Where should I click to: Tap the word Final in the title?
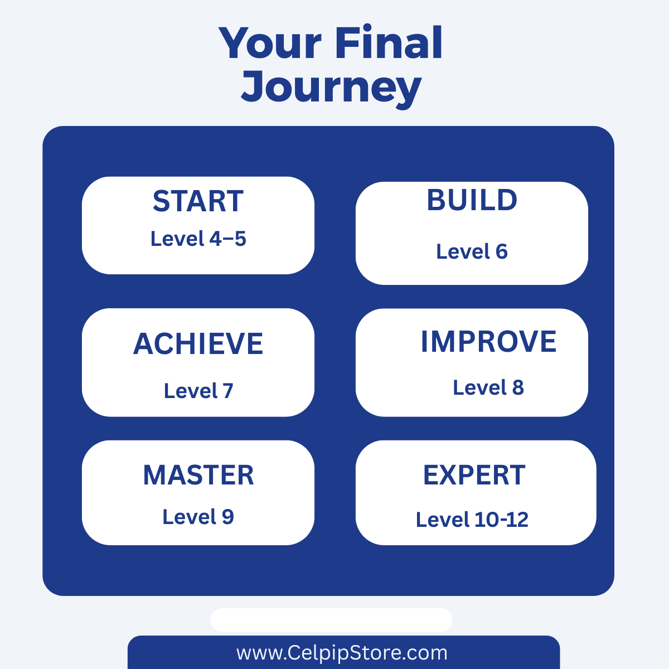point(389,42)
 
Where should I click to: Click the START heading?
point(198,201)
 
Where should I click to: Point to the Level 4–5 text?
point(198,239)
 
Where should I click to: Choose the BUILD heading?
point(472,200)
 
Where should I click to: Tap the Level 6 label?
point(472,251)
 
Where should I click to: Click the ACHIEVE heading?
point(198,344)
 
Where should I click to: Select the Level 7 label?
point(198,391)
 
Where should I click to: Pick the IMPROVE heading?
point(488,342)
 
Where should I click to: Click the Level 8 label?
point(488,387)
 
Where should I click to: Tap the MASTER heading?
point(198,476)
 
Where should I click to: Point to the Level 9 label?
point(198,517)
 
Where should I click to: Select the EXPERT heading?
point(474,476)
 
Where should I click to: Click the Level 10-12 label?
point(472,520)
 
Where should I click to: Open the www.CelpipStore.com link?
point(342,653)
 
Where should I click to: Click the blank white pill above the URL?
point(331,620)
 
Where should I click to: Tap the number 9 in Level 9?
point(228,517)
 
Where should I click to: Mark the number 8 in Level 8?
point(518,387)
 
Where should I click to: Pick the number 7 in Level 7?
point(228,391)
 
